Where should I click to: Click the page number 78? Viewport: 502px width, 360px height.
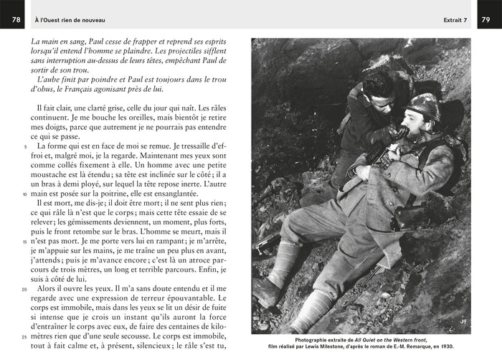pos(15,19)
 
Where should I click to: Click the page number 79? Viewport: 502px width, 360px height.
pos(486,19)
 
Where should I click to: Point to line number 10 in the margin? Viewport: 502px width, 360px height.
pos(24,194)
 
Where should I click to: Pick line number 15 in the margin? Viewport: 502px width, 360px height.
pos(24,242)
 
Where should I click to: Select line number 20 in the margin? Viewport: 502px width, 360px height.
pos(24,289)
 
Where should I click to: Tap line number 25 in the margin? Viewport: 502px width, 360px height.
pos(24,336)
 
